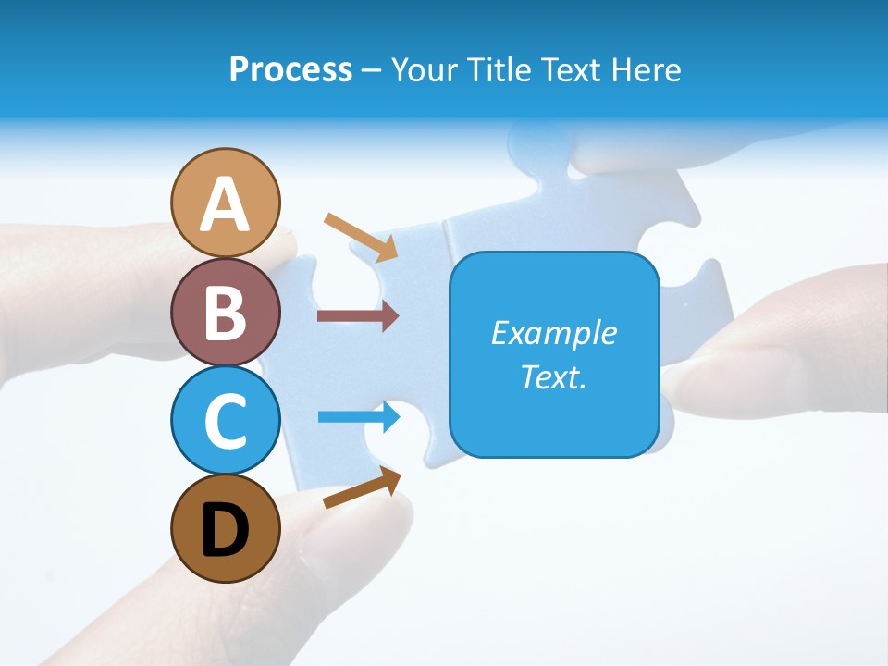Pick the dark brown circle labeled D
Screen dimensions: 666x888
225,528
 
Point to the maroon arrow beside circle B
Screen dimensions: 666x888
358,315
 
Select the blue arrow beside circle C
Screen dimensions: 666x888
358,417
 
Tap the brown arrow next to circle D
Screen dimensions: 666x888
362,487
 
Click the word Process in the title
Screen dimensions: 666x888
290,70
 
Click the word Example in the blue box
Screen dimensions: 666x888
553,333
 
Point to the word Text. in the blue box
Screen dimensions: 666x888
553,376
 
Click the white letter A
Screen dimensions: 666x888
225,204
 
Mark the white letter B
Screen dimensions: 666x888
225,314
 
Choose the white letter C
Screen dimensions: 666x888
225,422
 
